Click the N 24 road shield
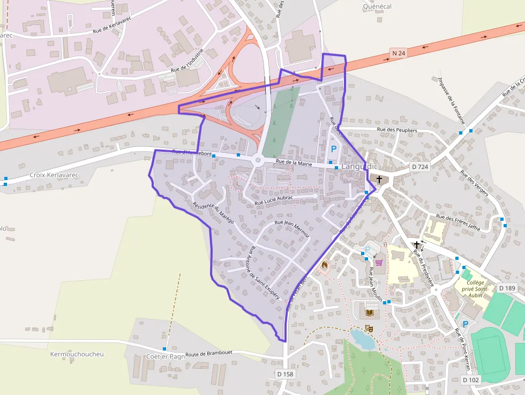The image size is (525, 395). coord(398,53)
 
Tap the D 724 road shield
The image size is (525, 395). coord(420,167)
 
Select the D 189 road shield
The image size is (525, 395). coord(507,288)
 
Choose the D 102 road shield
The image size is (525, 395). coord(471,380)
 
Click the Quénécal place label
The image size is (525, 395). coord(377,6)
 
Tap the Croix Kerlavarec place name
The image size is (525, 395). coord(54,175)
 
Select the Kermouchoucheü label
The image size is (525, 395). coord(77,354)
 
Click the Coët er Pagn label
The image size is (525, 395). coord(166,356)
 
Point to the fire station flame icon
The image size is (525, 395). coord(324,264)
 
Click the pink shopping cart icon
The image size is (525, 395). coord(379,263)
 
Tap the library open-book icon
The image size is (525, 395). coord(369,312)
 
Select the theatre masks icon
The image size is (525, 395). coord(369,327)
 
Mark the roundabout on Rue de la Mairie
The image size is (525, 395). coord(257,160)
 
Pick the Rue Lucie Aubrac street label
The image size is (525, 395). coord(274,200)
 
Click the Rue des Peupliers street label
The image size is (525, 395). coord(397,130)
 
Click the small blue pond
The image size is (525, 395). coord(362,339)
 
